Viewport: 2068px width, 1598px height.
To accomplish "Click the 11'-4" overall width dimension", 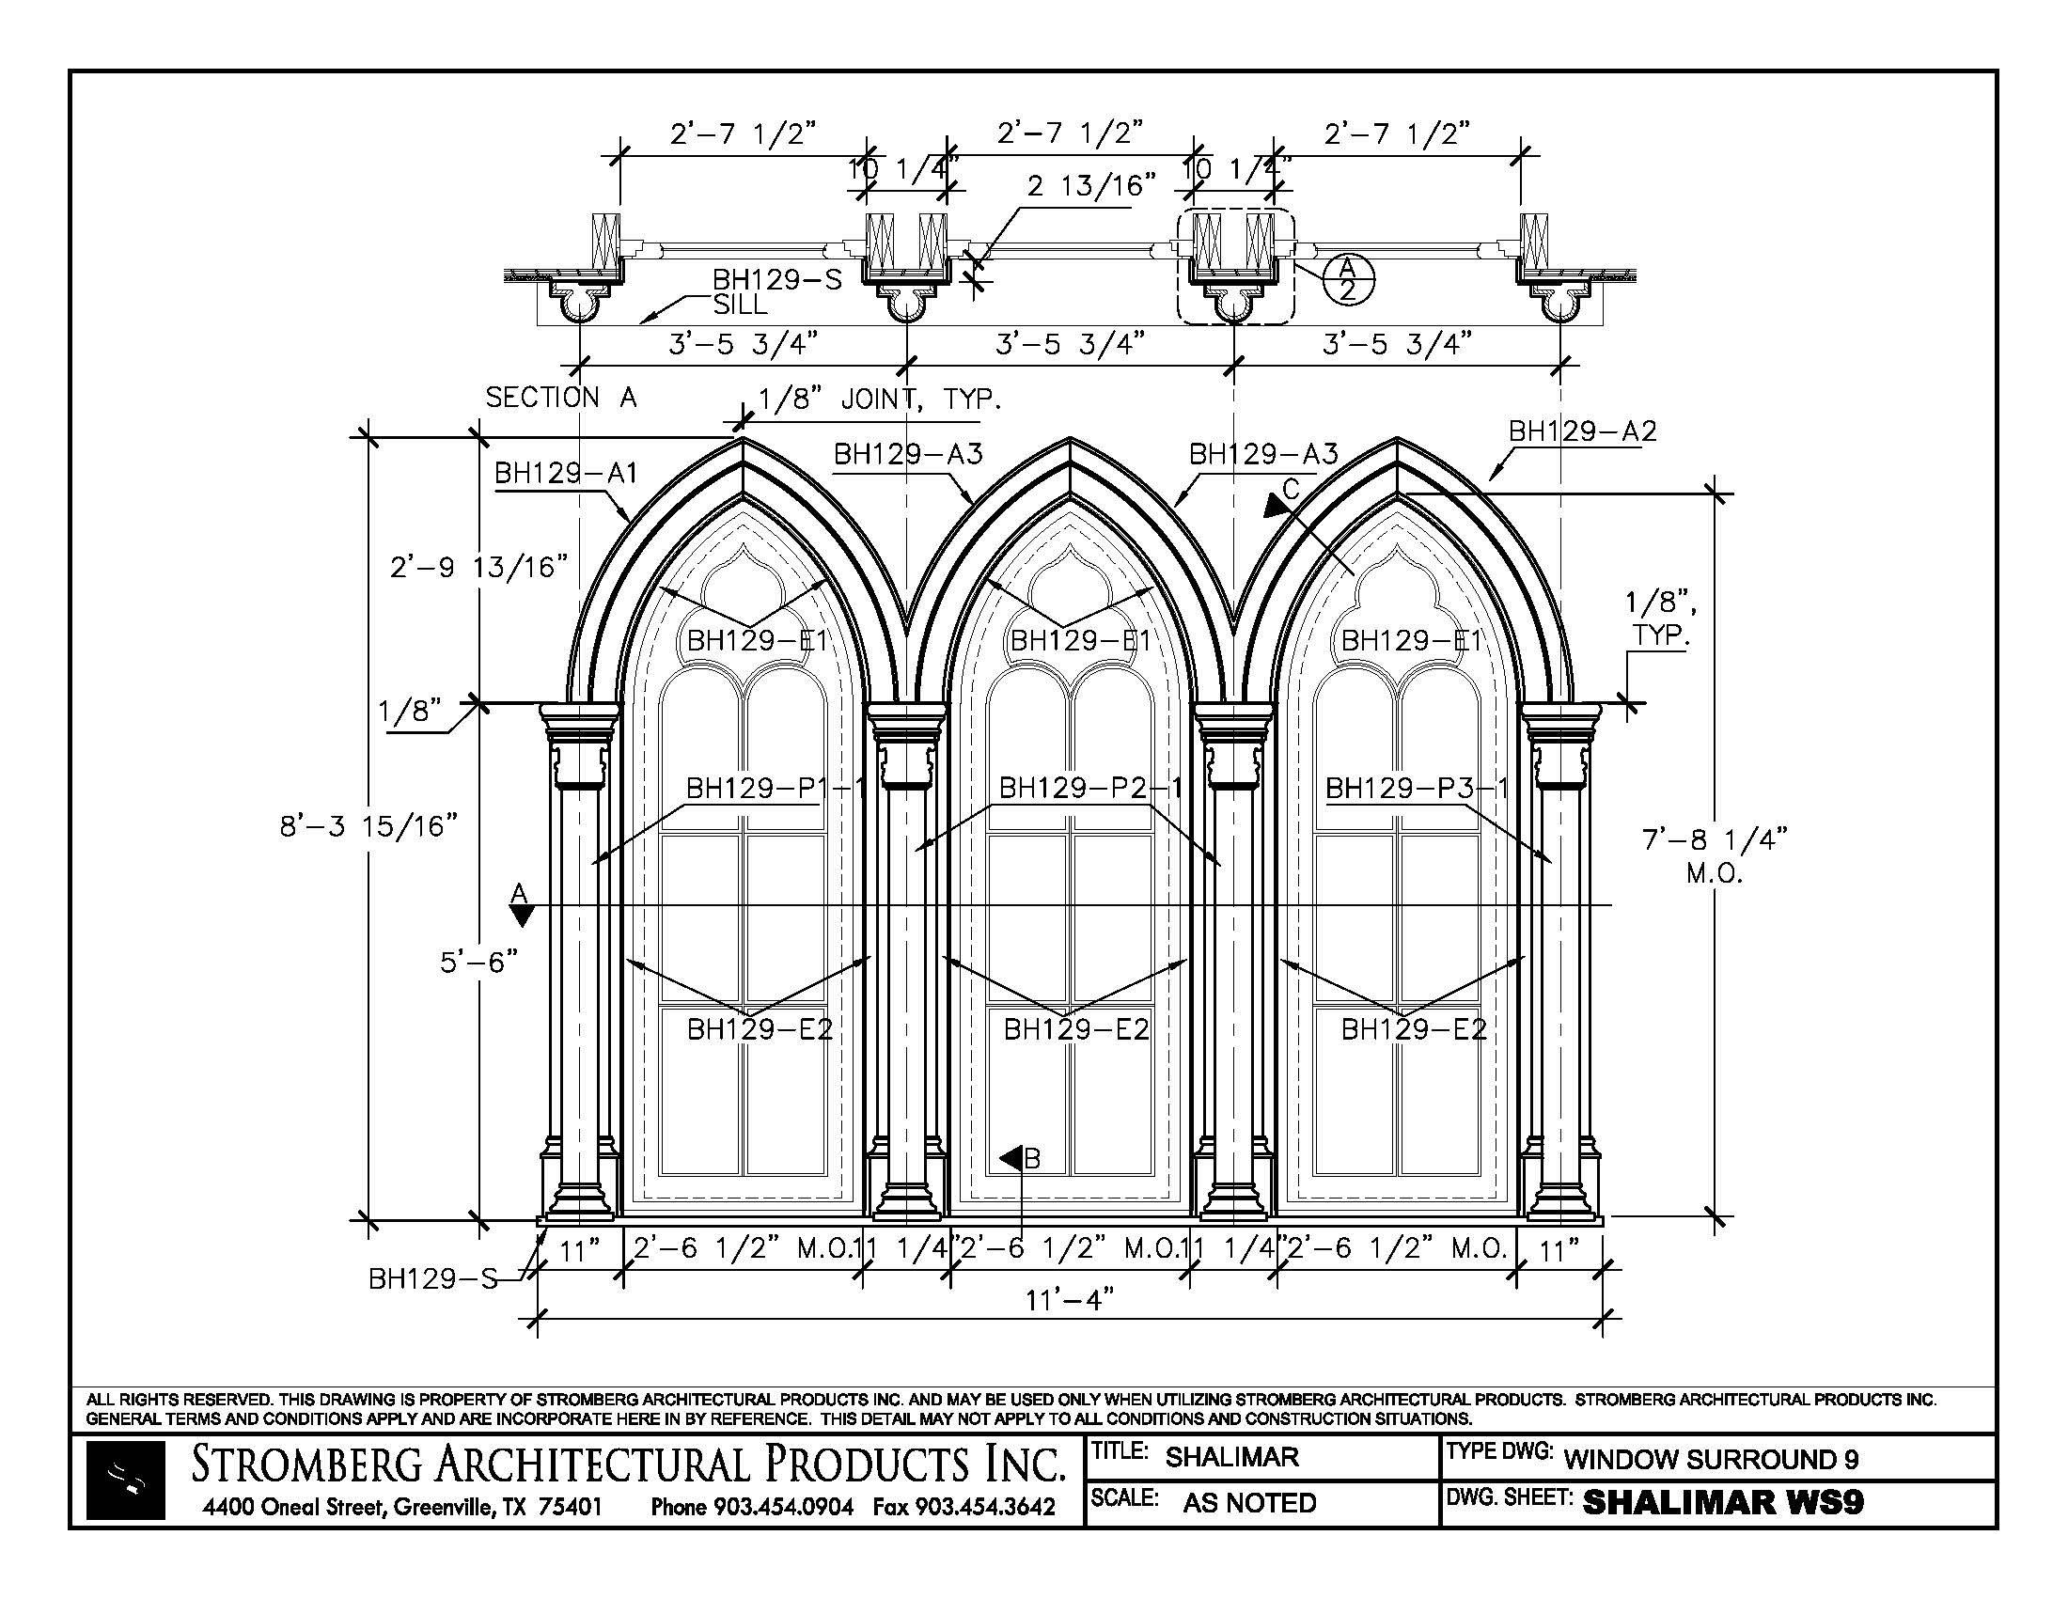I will coord(1069,1300).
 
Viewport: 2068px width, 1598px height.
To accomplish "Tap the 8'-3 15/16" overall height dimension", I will coord(368,826).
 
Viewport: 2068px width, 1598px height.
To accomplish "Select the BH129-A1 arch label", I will coord(566,473).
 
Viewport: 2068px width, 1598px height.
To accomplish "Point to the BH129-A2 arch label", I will coord(1582,431).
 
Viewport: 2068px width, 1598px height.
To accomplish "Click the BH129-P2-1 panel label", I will coord(1089,788).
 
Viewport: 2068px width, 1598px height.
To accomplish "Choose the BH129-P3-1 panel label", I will coord(1416,788).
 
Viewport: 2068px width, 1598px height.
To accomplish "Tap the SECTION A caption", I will coord(560,398).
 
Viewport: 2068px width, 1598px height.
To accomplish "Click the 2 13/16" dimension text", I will coord(1091,185).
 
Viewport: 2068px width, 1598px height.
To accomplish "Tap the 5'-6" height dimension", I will coord(479,962).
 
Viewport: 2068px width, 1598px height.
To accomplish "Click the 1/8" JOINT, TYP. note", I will coord(880,399).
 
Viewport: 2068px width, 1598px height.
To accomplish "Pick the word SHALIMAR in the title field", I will coord(1232,1457).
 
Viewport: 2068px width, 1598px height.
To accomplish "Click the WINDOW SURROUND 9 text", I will coord(1711,1459).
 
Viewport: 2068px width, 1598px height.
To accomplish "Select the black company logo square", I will coord(125,1480).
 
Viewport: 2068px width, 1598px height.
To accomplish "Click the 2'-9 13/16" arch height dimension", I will coord(479,567).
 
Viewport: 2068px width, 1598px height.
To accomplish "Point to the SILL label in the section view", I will coord(740,305).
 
